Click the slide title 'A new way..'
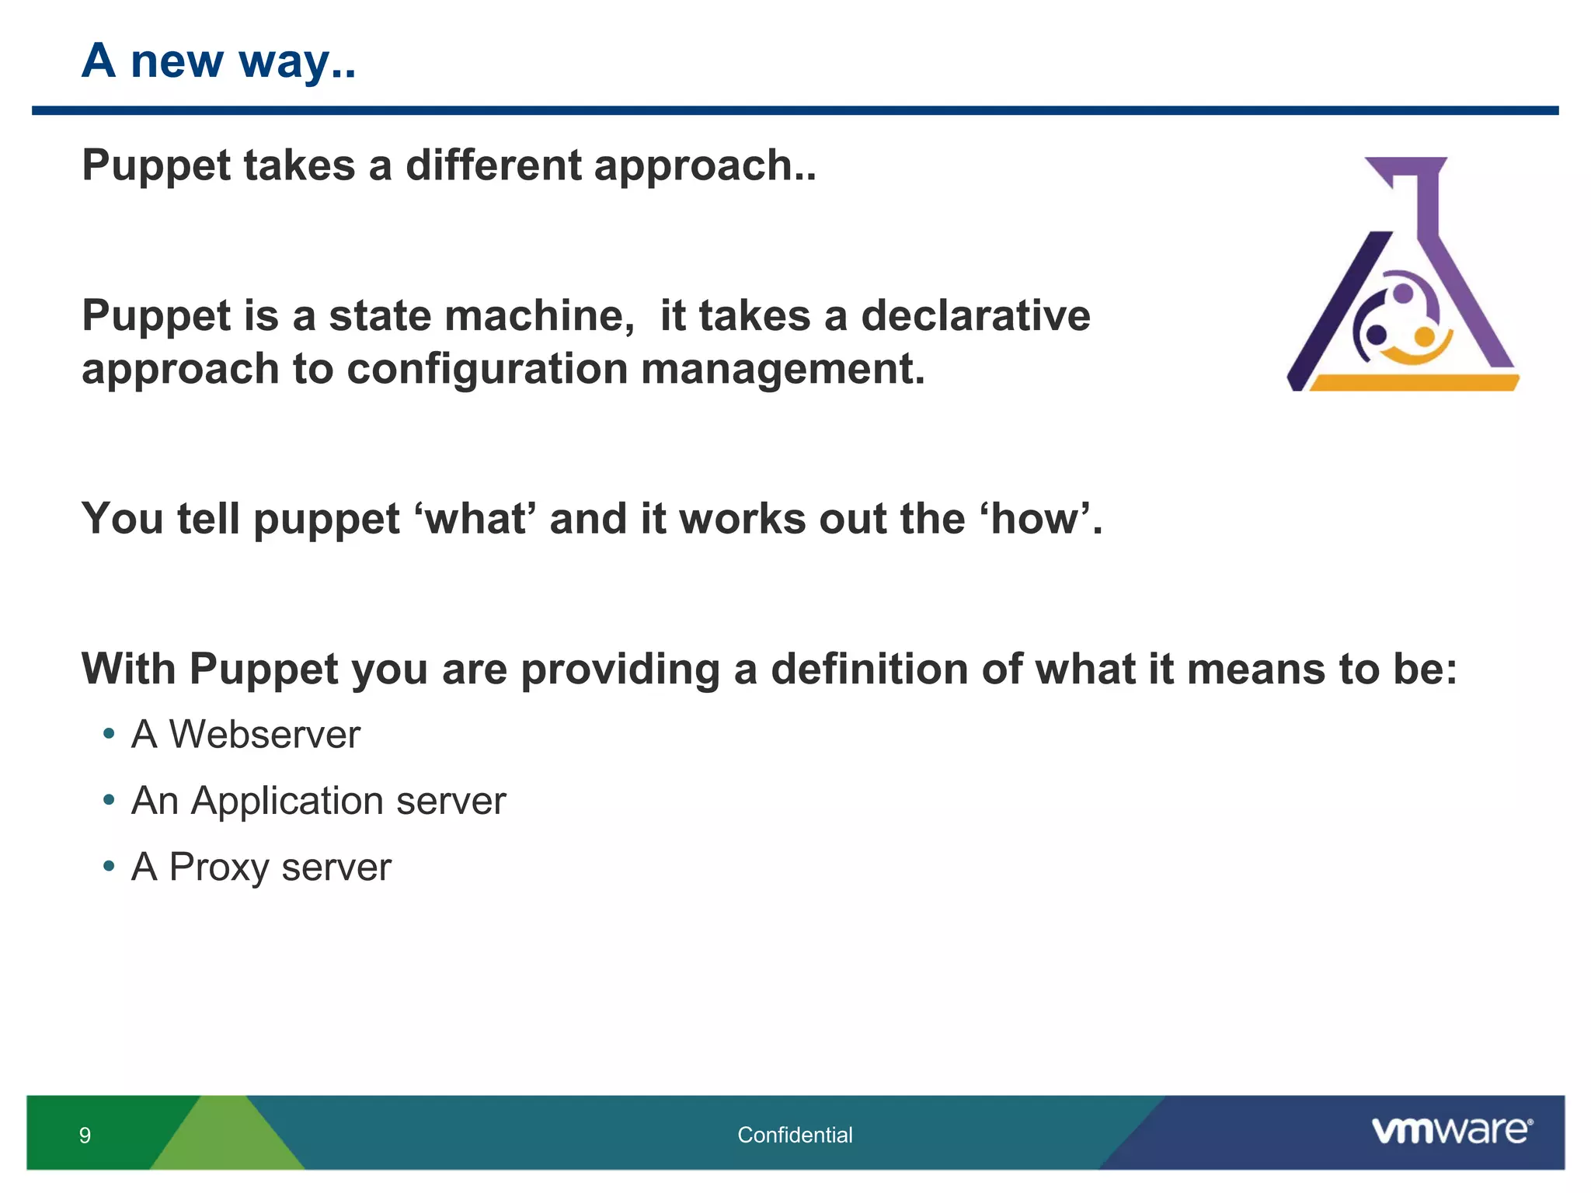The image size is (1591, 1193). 218,61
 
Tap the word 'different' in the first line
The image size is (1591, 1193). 493,165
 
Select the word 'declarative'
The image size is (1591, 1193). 975,316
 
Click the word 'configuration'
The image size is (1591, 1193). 487,369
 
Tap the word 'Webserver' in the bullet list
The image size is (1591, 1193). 264,735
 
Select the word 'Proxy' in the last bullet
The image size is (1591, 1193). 218,868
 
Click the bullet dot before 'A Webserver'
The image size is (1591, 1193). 109,733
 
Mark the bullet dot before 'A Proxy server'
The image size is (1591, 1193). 109,865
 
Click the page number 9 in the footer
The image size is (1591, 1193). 85,1136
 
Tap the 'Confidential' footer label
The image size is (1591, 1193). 795,1136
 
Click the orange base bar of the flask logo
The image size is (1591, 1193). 1414,383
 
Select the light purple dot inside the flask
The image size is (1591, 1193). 1403,293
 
